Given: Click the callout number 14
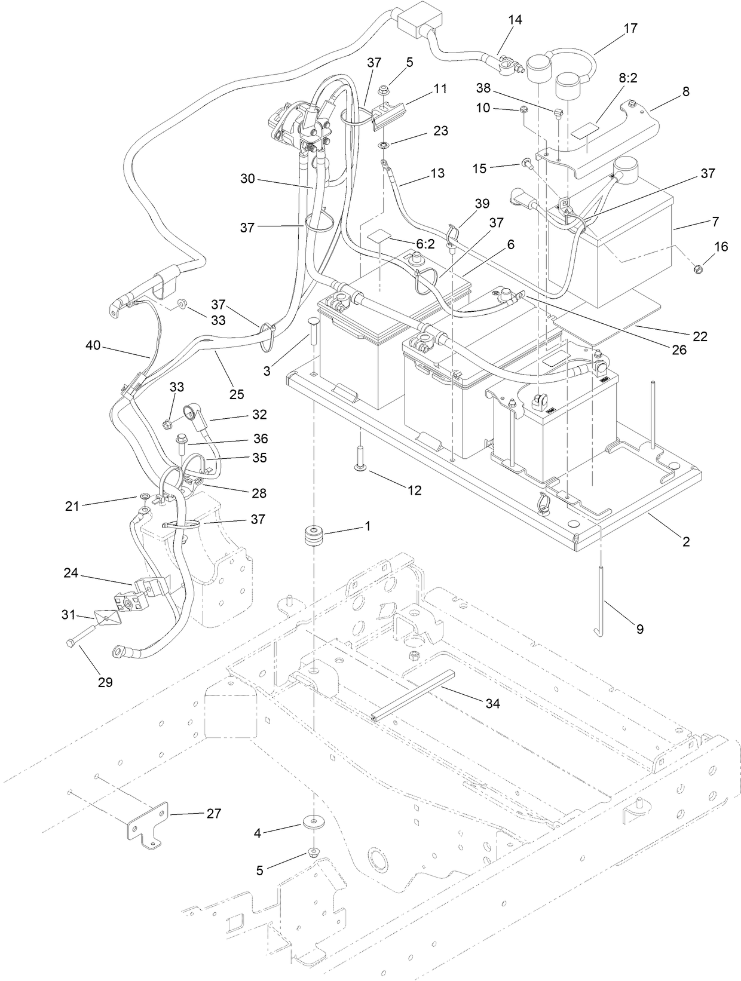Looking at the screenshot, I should pyautogui.click(x=515, y=20).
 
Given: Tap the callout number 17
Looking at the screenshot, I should pyautogui.click(x=630, y=28).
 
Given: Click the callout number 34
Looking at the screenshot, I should pyautogui.click(x=492, y=704).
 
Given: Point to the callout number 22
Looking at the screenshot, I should pyautogui.click(x=699, y=336).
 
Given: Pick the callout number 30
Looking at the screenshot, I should pyautogui.click(x=248, y=178).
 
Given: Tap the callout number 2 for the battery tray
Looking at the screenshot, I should pyautogui.click(x=686, y=541).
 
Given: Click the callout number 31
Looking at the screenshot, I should pyautogui.click(x=69, y=614).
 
